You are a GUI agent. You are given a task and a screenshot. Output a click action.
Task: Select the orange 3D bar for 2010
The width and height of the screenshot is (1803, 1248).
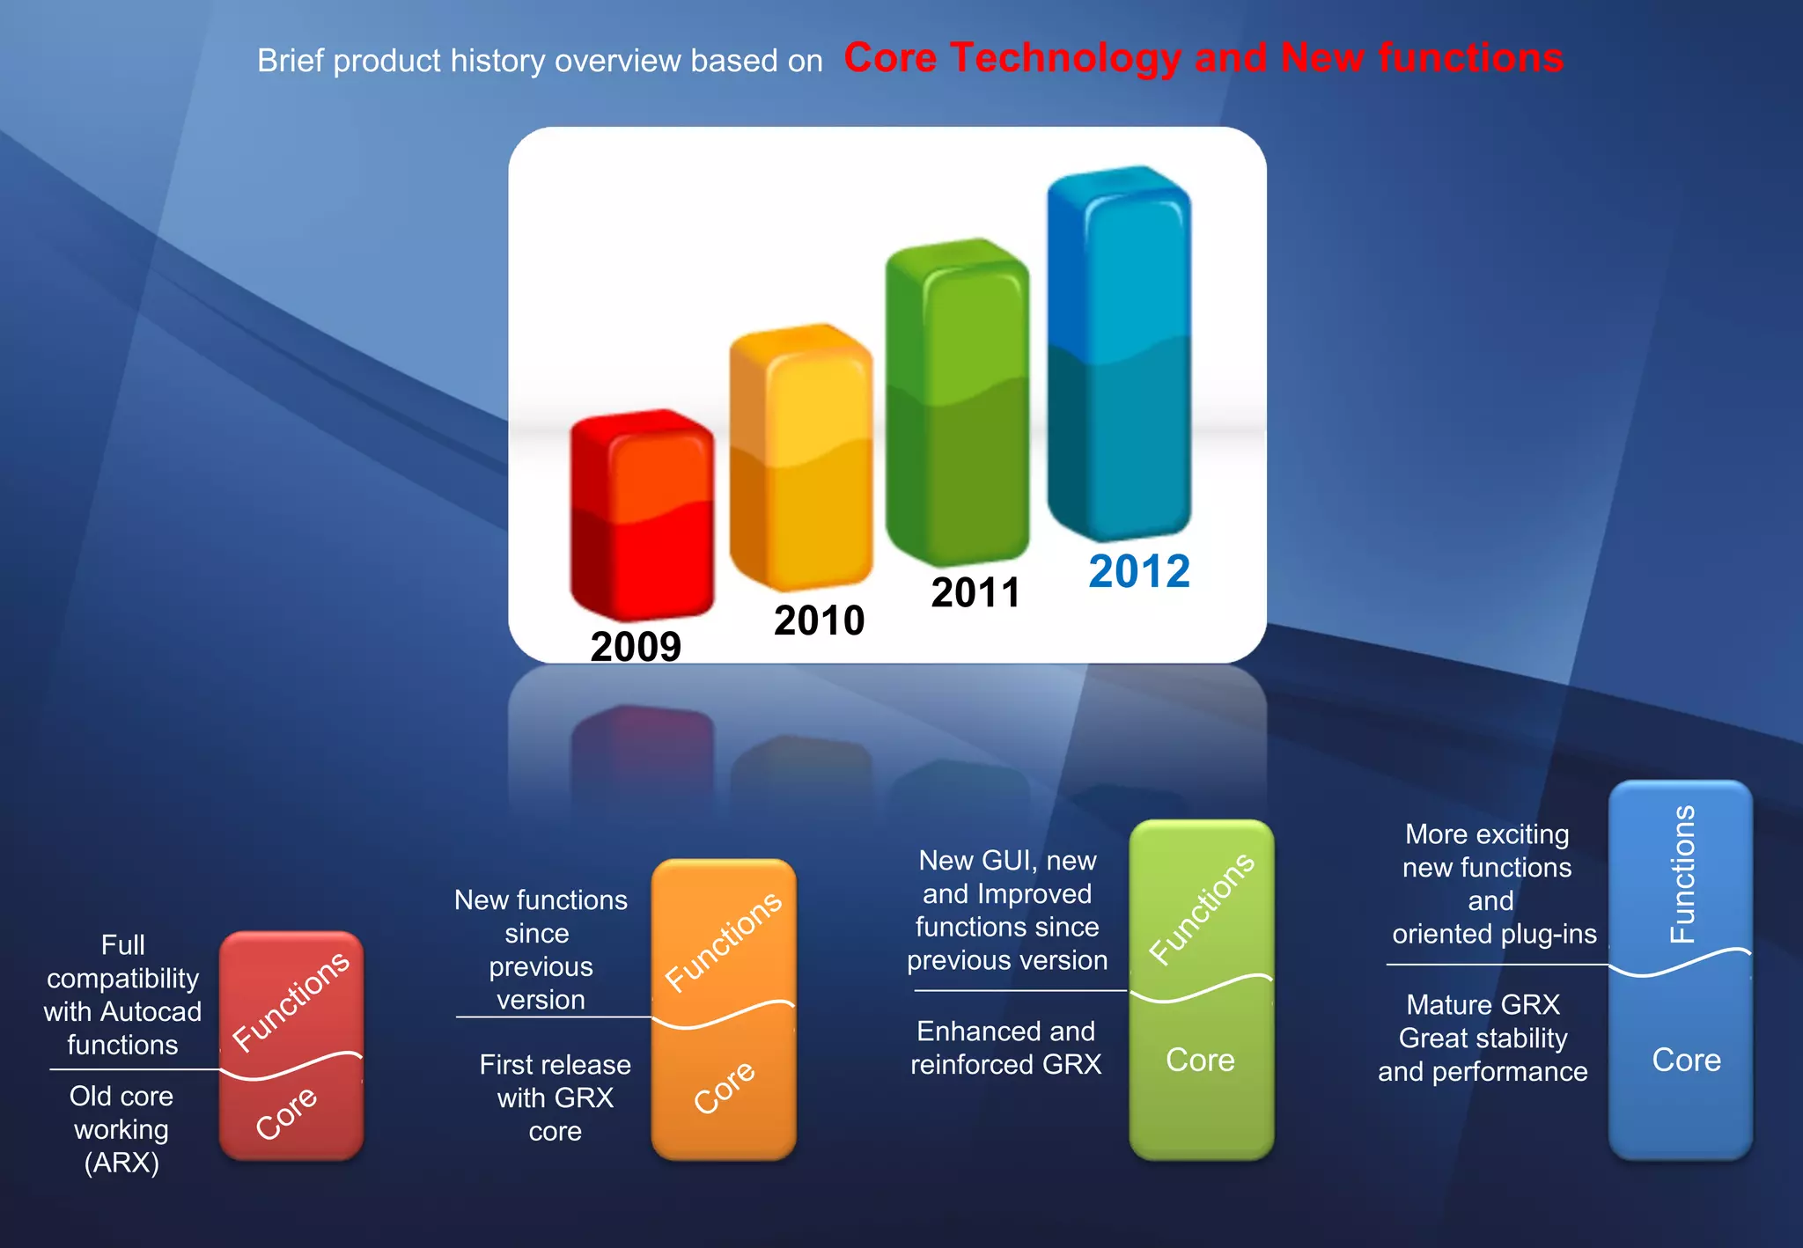[x=801, y=458]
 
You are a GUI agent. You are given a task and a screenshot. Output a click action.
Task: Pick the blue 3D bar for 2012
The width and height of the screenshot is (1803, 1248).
[x=1119, y=352]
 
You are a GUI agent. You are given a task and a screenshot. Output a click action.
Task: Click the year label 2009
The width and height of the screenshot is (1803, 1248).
[x=636, y=647]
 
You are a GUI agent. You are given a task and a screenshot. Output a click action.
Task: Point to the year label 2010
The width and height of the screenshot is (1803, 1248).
[x=819, y=620]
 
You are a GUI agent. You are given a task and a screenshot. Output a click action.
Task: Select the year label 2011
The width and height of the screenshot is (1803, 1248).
[x=975, y=592]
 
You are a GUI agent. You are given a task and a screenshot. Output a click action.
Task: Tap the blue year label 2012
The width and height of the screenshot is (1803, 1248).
[x=1139, y=571]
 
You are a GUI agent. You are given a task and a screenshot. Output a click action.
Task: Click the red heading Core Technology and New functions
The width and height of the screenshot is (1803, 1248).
[x=1203, y=58]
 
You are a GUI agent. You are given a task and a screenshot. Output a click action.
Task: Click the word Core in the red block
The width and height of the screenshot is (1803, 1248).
[x=286, y=1112]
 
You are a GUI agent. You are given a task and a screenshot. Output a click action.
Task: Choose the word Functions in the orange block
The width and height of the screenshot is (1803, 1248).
[x=723, y=941]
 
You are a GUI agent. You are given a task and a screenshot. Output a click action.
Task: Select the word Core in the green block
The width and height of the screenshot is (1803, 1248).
[x=1200, y=1060]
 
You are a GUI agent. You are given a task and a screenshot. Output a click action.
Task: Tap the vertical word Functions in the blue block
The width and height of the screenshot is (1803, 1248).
[x=1682, y=874]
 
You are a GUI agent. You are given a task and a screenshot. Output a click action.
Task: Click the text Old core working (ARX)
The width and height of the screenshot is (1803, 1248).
[x=121, y=1129]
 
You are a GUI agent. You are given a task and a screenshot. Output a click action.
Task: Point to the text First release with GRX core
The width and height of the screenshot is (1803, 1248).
[x=555, y=1098]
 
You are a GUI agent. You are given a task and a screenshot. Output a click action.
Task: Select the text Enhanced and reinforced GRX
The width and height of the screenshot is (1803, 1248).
[x=1005, y=1047]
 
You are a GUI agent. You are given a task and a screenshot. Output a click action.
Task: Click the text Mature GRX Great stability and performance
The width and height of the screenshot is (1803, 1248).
[x=1483, y=1038]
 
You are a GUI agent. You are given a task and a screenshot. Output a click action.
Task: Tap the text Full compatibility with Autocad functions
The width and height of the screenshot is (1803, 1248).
[x=122, y=995]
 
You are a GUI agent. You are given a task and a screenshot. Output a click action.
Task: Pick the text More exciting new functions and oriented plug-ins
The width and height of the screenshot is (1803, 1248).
[x=1490, y=884]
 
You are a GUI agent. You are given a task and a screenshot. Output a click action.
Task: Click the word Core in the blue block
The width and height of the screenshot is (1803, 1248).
[x=1686, y=1060]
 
